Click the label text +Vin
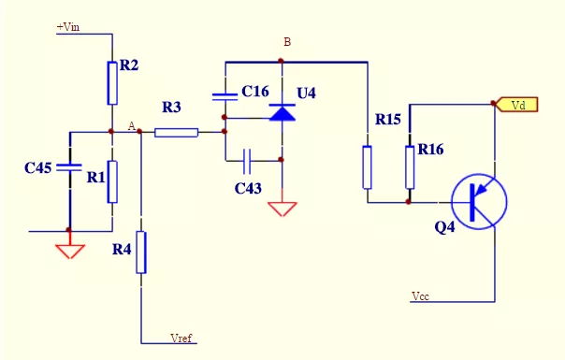(68, 28)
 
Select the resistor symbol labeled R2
(112, 84)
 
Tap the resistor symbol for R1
(112, 180)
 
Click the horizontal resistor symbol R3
(176, 132)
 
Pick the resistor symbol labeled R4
(140, 252)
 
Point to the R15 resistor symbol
(367, 166)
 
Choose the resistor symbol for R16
(409, 166)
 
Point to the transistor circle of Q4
(478, 200)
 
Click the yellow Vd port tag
(514, 105)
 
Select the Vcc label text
(422, 295)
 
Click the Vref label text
(181, 338)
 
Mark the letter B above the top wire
(287, 42)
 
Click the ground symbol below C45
(70, 251)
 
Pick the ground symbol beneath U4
(282, 207)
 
